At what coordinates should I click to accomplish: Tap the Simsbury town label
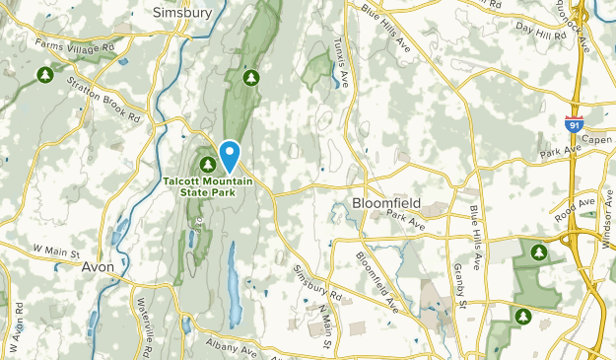coord(181,12)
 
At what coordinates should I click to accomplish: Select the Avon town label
coord(98,267)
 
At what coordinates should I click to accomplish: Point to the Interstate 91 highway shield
coord(573,124)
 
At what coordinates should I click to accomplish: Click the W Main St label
coord(55,252)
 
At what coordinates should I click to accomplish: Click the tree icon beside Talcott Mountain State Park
coord(208,164)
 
